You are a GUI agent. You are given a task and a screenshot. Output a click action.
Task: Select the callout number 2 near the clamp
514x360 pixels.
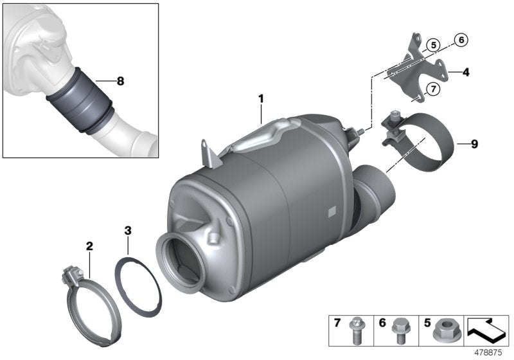click(x=89, y=246)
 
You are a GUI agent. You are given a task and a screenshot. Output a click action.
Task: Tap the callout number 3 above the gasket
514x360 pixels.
click(x=128, y=230)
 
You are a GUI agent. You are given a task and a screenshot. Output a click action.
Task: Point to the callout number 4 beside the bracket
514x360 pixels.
click(x=466, y=73)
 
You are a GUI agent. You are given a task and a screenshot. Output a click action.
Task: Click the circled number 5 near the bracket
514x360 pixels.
click(x=434, y=45)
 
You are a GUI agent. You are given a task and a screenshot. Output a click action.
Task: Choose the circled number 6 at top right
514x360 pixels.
click(x=461, y=40)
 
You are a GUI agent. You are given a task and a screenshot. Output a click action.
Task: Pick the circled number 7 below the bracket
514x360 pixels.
click(x=433, y=89)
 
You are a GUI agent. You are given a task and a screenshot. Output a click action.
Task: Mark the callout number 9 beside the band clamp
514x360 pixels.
click(x=474, y=144)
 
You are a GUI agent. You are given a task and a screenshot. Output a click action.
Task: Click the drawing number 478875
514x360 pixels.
click(x=490, y=352)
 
